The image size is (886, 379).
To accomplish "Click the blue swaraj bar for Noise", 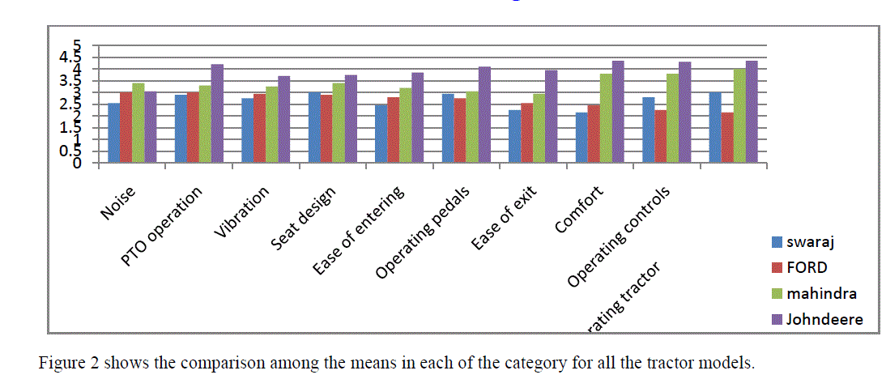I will [113, 133].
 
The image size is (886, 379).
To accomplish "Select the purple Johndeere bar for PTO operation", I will [216, 113].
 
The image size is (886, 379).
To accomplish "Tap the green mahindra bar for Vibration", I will [272, 125].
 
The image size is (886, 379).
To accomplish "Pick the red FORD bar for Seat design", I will [326, 129].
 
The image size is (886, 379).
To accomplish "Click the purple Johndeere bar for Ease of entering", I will [417, 117].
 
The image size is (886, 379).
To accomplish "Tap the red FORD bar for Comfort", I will [594, 133].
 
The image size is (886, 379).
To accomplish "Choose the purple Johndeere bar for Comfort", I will [618, 112].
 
